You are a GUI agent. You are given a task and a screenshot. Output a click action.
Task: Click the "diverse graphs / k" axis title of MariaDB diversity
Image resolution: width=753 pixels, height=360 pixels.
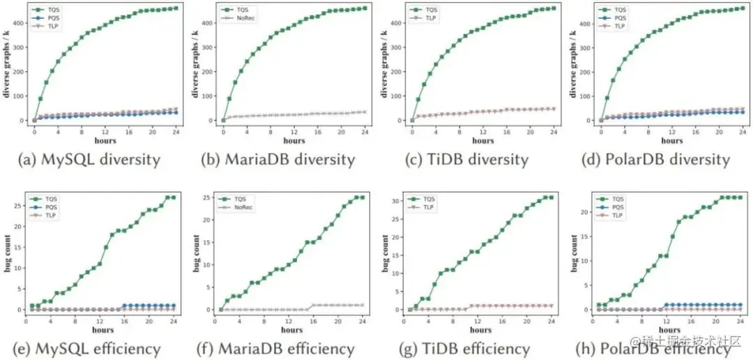pos(196,66)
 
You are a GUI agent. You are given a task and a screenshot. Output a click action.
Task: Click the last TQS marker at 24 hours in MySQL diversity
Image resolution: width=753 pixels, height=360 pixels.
pos(175,8)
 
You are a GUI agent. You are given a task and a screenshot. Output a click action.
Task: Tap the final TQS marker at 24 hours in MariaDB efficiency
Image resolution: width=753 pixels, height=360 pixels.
pos(364,197)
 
